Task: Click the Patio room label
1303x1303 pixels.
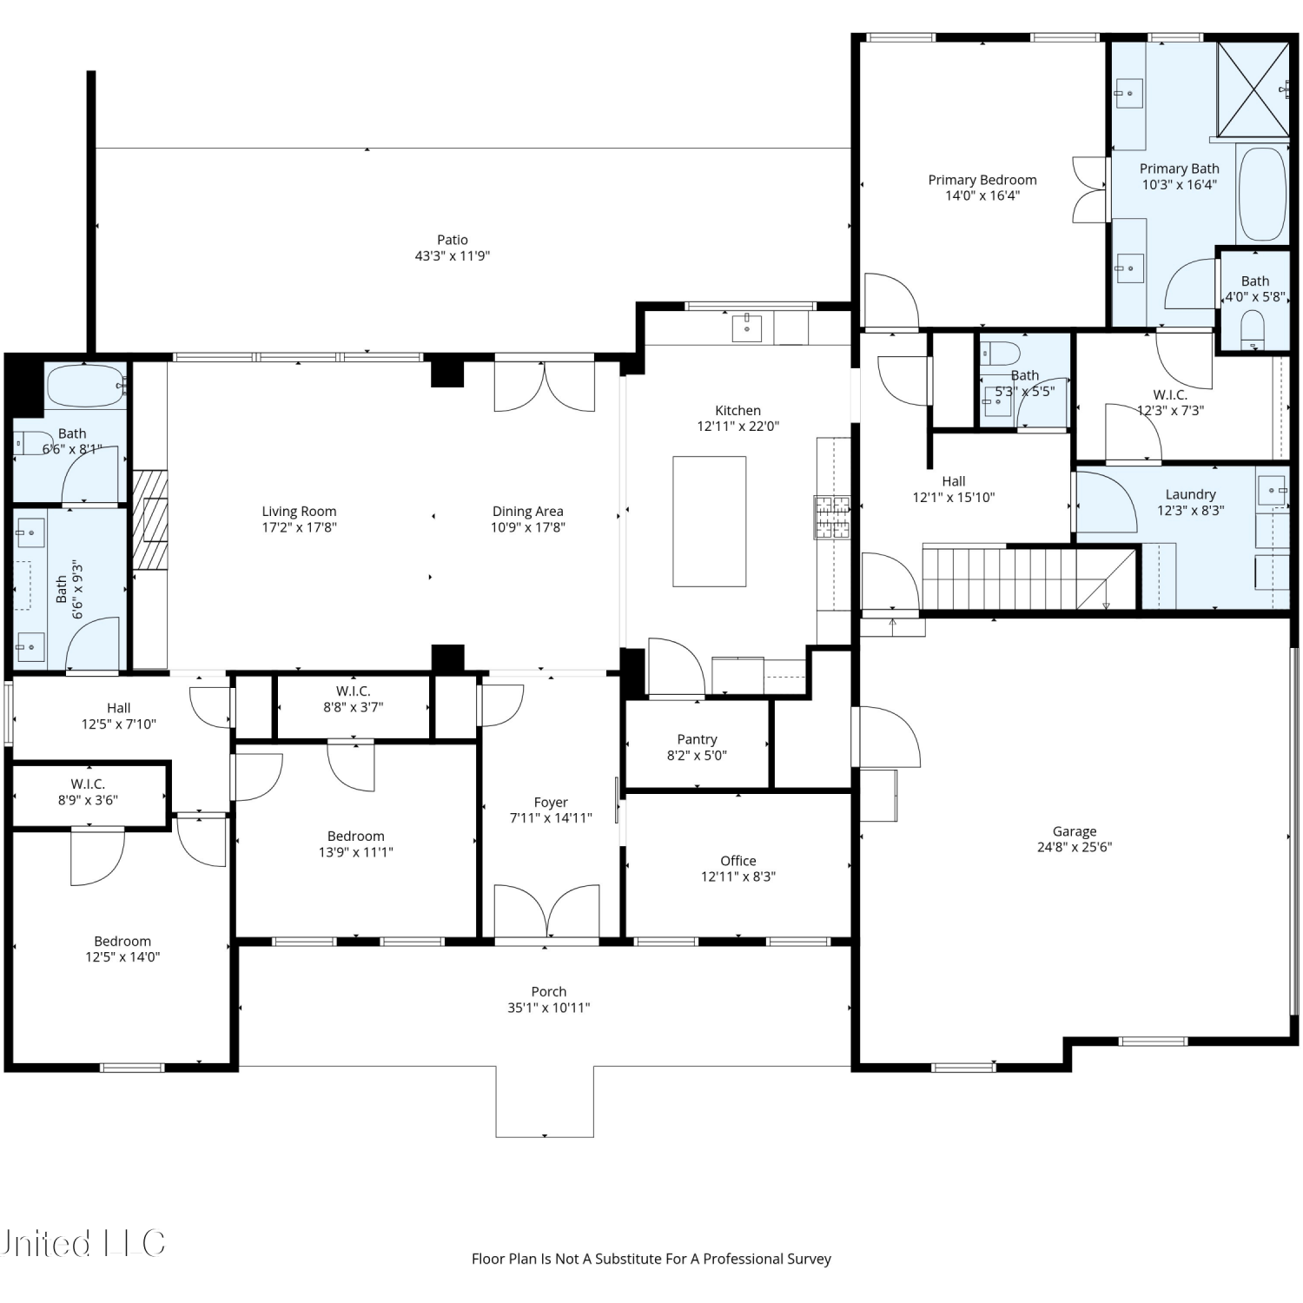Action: point(453,240)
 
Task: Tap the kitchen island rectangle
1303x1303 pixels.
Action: point(710,521)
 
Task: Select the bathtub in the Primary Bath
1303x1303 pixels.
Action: point(1261,194)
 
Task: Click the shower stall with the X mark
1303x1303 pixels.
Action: point(1253,89)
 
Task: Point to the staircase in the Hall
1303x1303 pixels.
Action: point(1029,578)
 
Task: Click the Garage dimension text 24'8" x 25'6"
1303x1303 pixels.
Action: point(1075,847)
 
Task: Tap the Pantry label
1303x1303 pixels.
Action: point(698,739)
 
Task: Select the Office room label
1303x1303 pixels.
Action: point(738,861)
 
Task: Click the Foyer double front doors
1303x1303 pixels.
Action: point(546,911)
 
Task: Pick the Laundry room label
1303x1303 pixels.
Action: point(1190,494)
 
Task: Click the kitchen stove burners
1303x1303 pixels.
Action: point(831,518)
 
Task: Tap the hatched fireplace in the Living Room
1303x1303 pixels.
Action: point(149,519)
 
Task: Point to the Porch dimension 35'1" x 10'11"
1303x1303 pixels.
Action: point(549,1008)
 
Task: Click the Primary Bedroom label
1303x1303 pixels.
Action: point(982,180)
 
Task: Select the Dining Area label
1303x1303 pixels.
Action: point(528,512)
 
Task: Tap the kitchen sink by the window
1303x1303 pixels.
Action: point(747,328)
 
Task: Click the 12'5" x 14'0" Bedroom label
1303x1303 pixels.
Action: point(122,942)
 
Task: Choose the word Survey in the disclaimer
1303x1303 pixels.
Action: point(809,1259)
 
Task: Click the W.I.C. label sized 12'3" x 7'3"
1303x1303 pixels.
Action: point(1170,395)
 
